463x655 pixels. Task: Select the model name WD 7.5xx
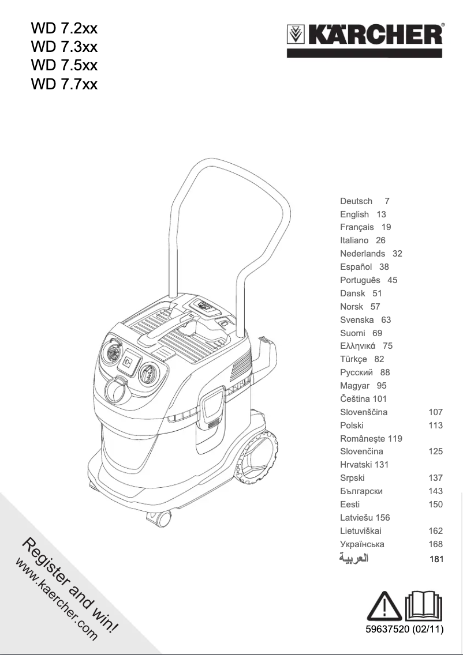(64, 66)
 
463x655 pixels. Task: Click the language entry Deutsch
(356, 201)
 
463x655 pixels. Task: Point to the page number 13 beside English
(381, 214)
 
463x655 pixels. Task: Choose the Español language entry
(356, 267)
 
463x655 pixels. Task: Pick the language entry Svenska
(357, 320)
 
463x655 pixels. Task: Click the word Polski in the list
(352, 426)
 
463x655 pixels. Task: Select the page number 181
(436, 559)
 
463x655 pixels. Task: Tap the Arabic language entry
(354, 559)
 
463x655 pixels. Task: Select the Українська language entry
(362, 544)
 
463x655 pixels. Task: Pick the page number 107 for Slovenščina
(436, 412)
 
